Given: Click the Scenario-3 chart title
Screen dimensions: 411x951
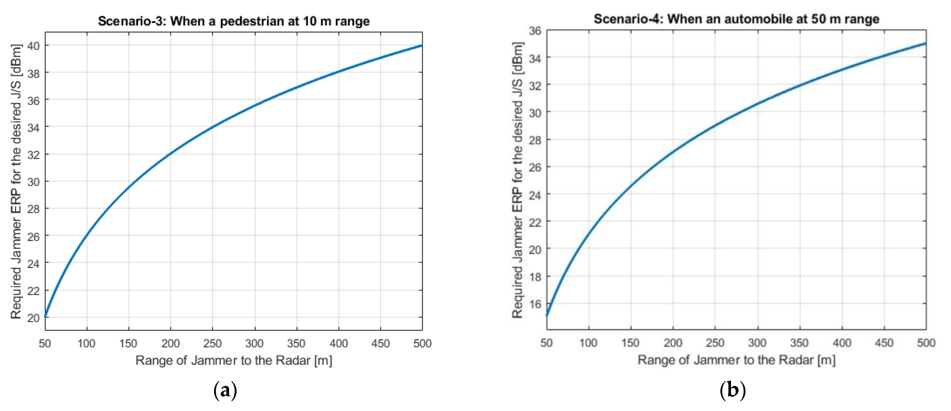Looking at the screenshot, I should (x=233, y=21).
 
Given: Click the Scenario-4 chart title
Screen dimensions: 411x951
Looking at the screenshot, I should (x=736, y=19).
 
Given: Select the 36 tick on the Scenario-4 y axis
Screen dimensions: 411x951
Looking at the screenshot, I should (x=535, y=31).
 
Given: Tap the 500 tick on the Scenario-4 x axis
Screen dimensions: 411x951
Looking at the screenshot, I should (x=926, y=343).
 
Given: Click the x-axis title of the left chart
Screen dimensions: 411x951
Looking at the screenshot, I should (x=234, y=360).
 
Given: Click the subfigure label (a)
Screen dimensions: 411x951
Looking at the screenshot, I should (x=225, y=390).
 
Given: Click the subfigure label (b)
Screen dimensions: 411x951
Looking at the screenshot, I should (x=733, y=390).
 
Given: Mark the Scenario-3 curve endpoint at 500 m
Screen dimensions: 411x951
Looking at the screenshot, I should (x=422, y=45).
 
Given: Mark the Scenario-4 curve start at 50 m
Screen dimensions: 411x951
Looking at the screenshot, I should (x=547, y=316).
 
